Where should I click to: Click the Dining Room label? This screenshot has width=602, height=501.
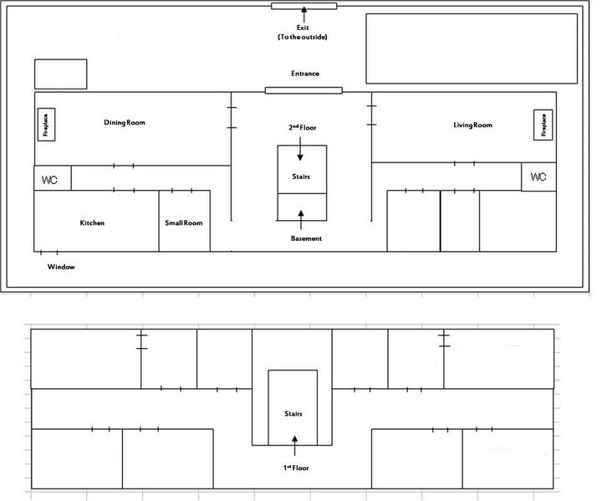[125, 123]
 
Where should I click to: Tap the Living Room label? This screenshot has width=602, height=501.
[472, 125]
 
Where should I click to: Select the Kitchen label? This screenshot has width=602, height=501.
[92, 223]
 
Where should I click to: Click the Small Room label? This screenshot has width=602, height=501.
[184, 223]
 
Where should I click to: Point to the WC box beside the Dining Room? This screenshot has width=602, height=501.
[52, 178]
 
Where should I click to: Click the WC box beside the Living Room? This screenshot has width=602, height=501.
[538, 177]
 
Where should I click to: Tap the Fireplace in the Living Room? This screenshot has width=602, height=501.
[543, 125]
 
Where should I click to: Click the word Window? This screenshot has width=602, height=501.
[61, 267]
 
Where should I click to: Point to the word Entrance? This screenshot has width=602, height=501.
[304, 74]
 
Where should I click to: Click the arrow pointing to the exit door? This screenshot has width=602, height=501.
[304, 14]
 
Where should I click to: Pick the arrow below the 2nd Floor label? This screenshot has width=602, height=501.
[301, 150]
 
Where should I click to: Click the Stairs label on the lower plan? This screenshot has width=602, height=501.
[292, 414]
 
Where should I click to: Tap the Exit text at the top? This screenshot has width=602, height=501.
[304, 28]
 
